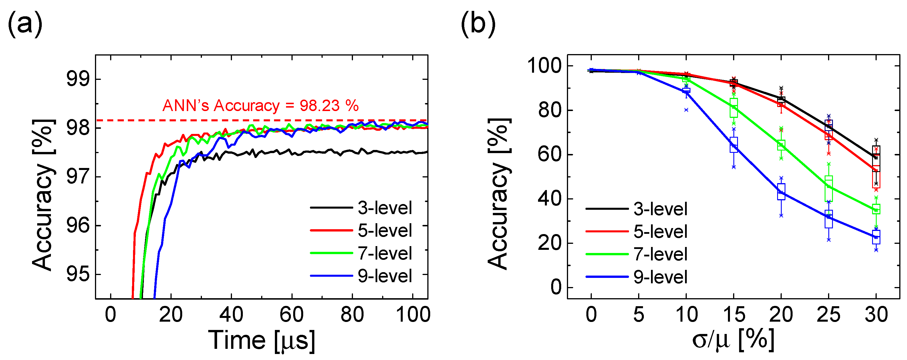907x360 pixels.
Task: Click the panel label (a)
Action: pos(25,24)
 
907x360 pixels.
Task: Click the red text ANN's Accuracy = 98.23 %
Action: pos(260,105)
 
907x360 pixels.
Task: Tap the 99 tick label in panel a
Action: pos(78,79)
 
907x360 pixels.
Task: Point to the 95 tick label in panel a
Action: pos(78,274)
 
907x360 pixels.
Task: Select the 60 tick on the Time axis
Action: pos(291,314)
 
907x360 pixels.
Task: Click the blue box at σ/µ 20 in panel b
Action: pos(781,192)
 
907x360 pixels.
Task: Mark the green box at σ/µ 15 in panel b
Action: pos(734,108)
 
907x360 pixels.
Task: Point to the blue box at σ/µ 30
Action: pos(876,237)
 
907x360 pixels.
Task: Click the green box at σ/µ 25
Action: pos(829,189)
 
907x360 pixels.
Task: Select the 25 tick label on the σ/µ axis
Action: pos(828,314)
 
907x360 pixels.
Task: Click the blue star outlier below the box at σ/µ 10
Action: pos(686,110)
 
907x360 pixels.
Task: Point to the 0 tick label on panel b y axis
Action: pos(556,287)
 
